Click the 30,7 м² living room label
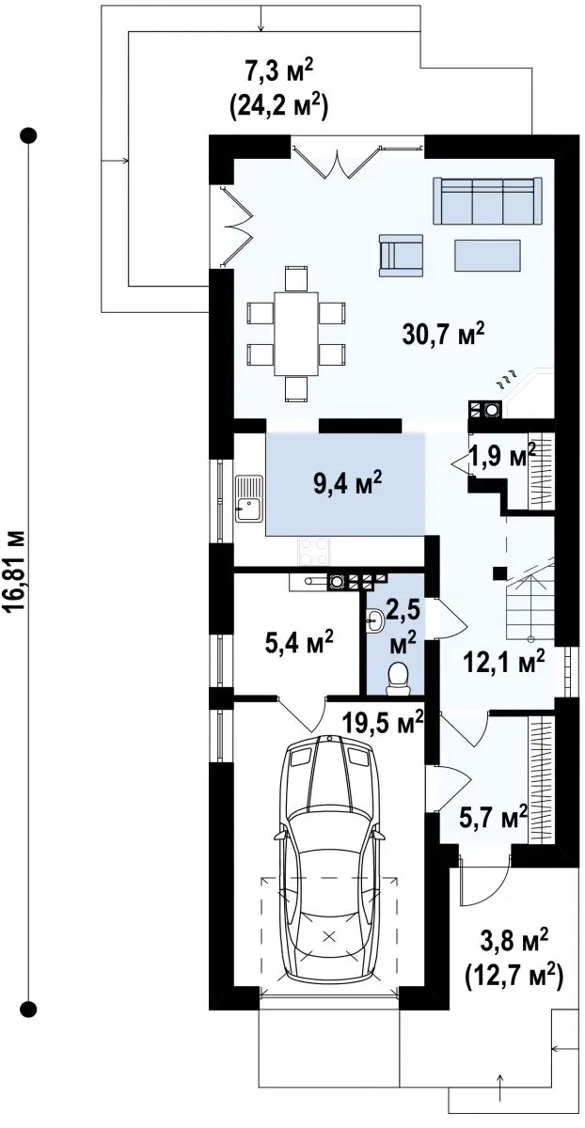tap(443, 333)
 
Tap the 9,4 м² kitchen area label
tap(347, 485)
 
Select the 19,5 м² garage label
tap(383, 724)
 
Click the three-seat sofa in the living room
tap(486, 200)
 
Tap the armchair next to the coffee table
tap(401, 256)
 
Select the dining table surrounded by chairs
tap(296, 334)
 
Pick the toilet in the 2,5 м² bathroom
tap(398, 678)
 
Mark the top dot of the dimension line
tap(28, 135)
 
